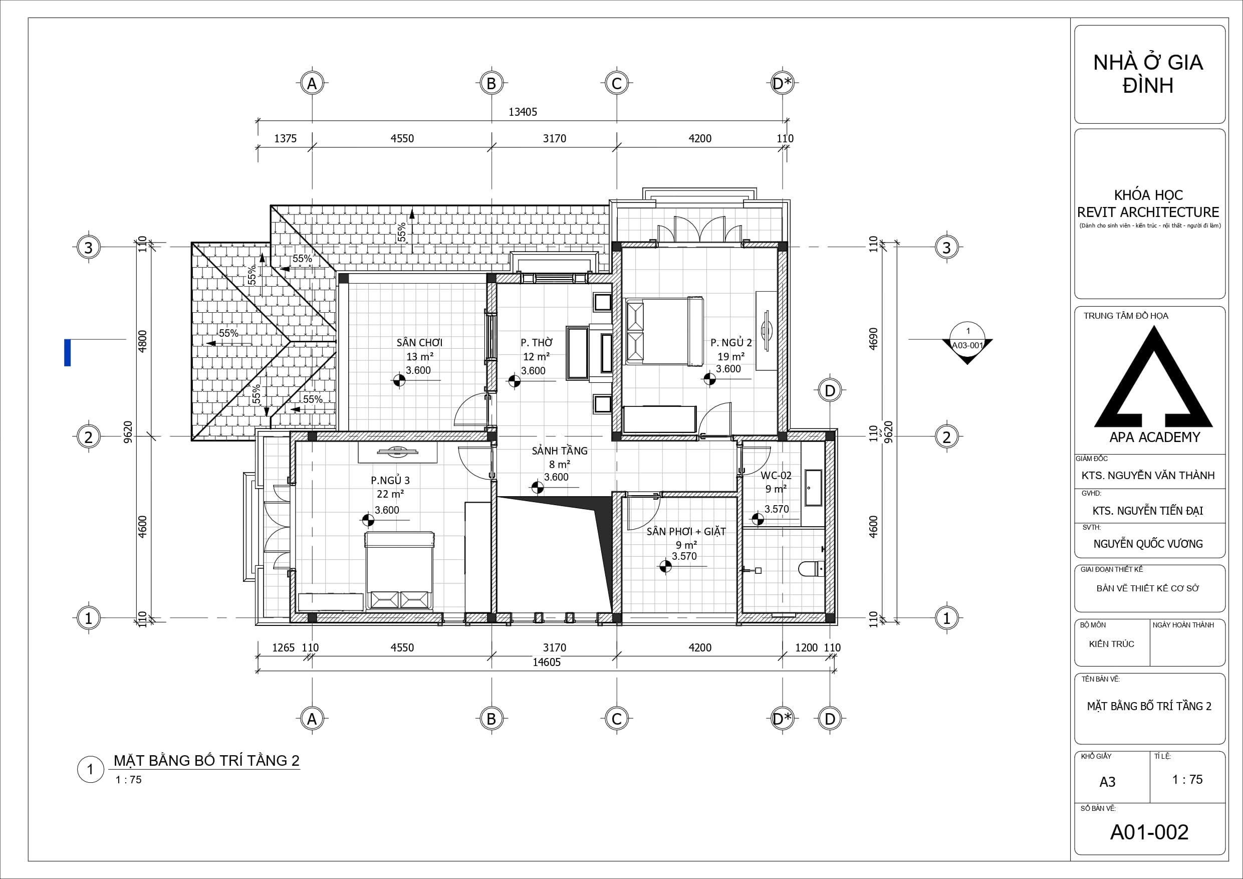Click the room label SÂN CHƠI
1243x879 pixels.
coord(419,342)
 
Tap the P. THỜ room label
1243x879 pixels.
coord(537,343)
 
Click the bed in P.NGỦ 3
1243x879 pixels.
coord(399,570)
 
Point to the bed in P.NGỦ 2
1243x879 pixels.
coord(665,330)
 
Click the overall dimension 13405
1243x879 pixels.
coord(523,112)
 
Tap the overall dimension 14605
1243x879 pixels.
coord(546,663)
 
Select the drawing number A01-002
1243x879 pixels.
coord(1149,832)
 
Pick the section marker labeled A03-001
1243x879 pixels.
coord(967,343)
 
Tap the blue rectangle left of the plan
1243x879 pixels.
coord(68,353)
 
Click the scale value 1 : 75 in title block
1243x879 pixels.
coord(1187,779)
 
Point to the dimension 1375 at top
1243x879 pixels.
coord(285,139)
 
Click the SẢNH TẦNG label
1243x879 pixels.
coord(559,451)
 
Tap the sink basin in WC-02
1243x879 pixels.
coord(813,488)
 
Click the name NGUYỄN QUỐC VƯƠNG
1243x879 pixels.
coord(1148,544)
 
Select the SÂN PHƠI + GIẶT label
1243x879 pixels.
coord(686,532)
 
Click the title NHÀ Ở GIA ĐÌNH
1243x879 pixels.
coord(1148,74)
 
